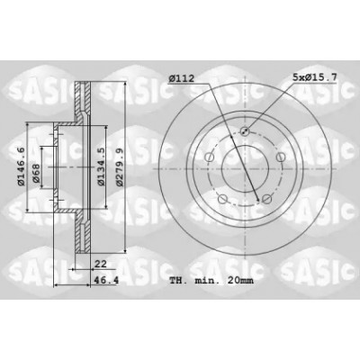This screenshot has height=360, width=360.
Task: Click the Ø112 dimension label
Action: point(182,78)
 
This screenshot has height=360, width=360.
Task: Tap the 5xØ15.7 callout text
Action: point(315,77)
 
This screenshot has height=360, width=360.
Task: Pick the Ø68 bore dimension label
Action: point(36,173)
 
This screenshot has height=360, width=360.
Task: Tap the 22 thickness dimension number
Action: point(101,264)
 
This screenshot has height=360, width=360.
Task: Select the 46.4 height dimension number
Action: point(106,281)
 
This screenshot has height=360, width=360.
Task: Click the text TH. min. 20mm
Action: point(211,281)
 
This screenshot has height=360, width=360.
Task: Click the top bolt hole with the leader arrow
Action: point(245,130)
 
